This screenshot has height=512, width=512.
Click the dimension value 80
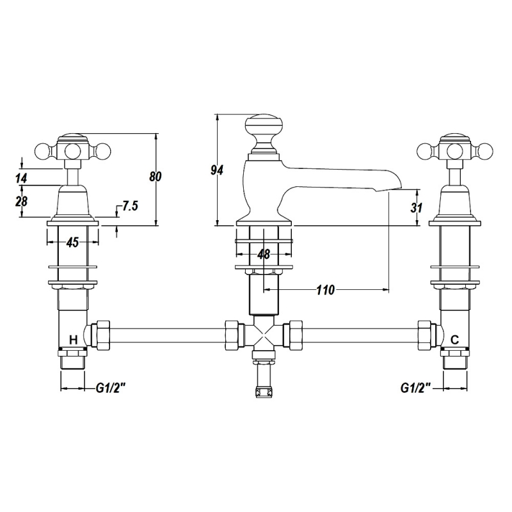[156, 177]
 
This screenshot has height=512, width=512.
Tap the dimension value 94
[217, 170]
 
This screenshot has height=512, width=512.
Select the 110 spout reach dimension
[326, 290]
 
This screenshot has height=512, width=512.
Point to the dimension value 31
[417, 207]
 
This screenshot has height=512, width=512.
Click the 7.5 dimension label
[131, 205]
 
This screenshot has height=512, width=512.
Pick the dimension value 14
[21, 179]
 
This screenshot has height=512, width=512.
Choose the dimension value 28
[21, 201]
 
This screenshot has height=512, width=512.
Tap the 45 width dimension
[72, 243]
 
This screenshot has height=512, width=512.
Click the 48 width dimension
[264, 254]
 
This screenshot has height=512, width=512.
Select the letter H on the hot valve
[74, 340]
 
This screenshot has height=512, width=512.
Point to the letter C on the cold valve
[454, 340]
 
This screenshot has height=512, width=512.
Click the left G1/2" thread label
[111, 388]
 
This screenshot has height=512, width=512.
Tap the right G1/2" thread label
[415, 388]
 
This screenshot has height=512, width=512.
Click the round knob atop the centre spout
[264, 127]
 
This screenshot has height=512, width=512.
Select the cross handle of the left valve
[73, 150]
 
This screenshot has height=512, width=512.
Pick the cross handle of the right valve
[455, 150]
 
